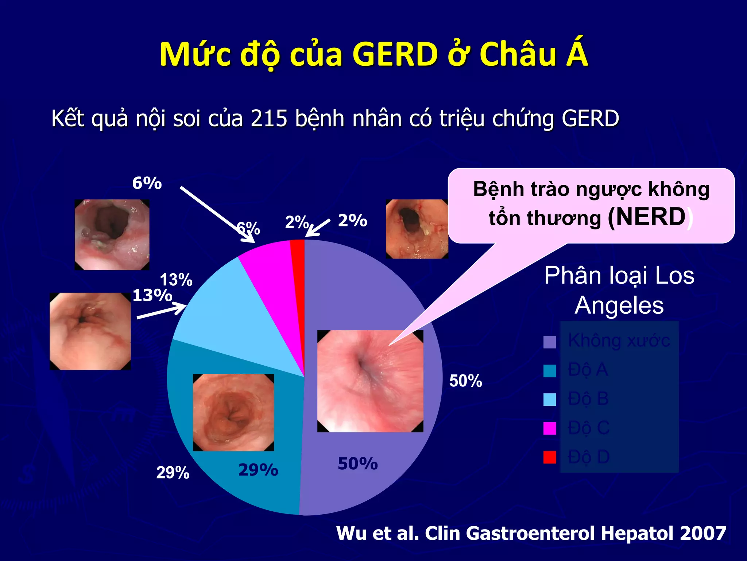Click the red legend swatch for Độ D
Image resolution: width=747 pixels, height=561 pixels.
click(550, 457)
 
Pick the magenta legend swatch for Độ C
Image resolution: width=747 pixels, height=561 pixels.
click(550, 428)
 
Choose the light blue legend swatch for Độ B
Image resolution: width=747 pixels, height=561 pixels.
click(550, 399)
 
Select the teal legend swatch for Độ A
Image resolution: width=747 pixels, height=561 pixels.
click(550, 371)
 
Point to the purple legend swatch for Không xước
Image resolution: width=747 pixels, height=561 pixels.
click(550, 342)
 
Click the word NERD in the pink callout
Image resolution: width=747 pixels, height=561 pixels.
click(647, 217)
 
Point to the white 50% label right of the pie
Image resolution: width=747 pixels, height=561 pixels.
click(465, 381)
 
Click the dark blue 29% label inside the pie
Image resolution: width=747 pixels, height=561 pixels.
click(258, 470)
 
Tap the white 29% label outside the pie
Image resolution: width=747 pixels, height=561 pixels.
click(173, 473)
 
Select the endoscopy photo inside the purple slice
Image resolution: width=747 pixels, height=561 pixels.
click(370, 381)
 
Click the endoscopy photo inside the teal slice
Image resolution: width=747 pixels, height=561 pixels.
click(233, 412)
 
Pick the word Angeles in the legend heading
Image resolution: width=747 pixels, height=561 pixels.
click(619, 305)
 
